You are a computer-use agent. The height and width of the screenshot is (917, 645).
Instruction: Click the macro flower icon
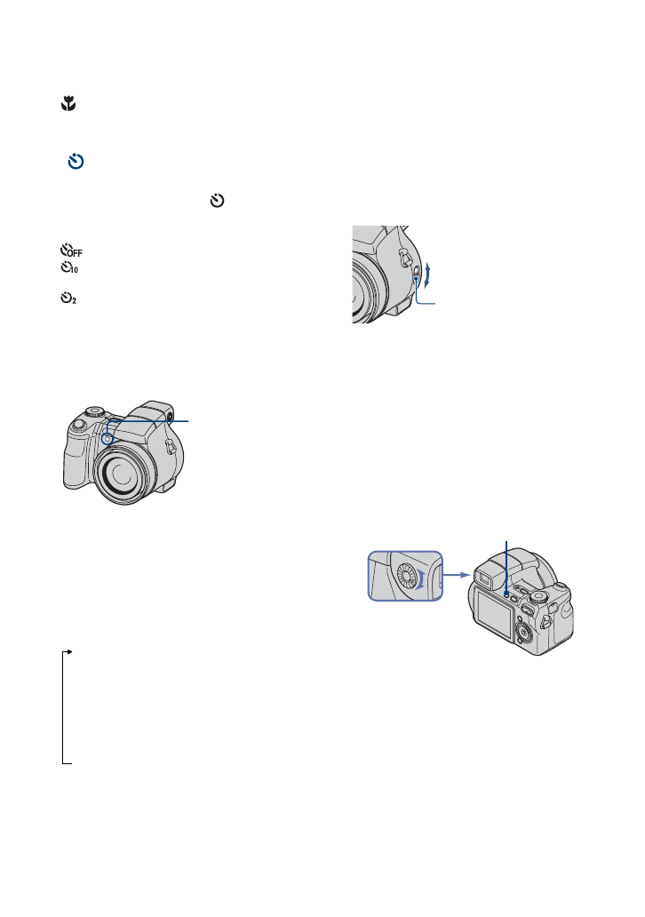[67, 105]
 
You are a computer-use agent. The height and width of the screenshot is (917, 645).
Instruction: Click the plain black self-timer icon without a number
[215, 203]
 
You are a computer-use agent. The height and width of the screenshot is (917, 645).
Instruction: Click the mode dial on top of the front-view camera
[94, 411]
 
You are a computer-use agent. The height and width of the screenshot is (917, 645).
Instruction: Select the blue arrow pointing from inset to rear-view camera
[455, 574]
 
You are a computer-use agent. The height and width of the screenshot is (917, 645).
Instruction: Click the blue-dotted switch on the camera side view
[416, 276]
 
